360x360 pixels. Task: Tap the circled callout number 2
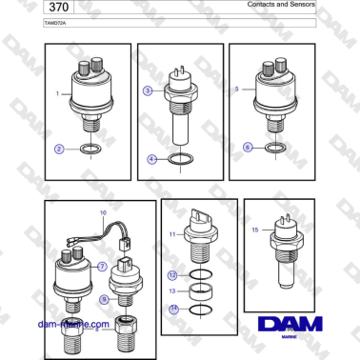[x=59, y=149]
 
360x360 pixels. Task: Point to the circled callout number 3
[x=148, y=90]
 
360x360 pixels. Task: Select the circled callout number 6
[x=249, y=148]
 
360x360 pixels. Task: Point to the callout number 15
[x=255, y=230]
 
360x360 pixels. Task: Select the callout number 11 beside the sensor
[x=173, y=233]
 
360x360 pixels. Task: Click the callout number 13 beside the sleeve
[x=173, y=291]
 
